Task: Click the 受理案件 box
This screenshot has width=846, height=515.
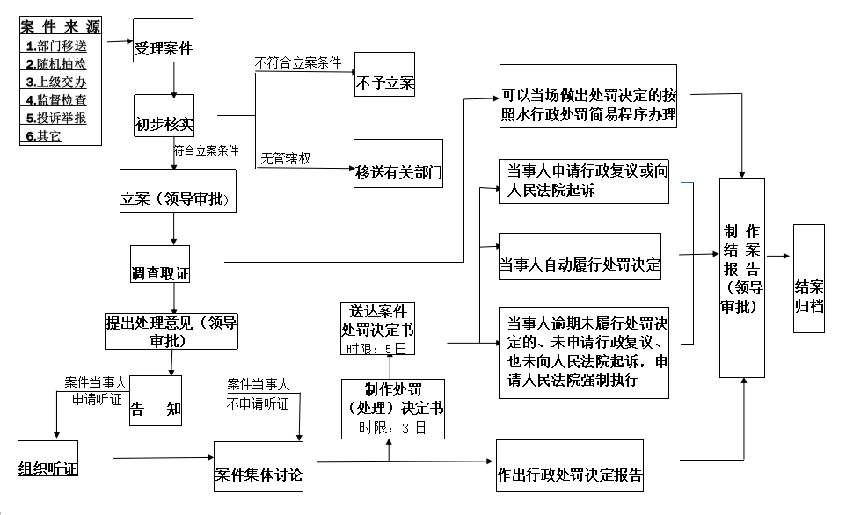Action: click(163, 40)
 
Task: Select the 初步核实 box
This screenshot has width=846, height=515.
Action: click(164, 115)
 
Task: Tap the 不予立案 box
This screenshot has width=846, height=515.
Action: click(384, 75)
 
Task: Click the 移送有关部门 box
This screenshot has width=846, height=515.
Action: click(398, 163)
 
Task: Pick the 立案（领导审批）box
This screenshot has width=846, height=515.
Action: click(178, 191)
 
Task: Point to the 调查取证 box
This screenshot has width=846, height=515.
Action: click(160, 265)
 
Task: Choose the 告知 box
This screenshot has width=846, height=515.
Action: click(156, 401)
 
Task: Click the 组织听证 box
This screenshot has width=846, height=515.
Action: click(48, 459)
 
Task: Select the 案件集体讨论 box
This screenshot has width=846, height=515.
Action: click(259, 467)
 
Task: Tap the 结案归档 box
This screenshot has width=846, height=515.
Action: click(809, 279)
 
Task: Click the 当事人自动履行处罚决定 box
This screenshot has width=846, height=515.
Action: click(580, 257)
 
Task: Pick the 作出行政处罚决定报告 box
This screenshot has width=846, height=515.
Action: click(570, 466)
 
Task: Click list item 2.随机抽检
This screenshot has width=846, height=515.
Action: click(56, 64)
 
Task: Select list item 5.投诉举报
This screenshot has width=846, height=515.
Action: click(56, 118)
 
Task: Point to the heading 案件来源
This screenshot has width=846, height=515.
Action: click(61, 26)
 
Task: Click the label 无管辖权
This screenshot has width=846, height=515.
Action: click(286, 158)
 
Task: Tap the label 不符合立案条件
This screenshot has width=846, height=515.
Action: click(298, 63)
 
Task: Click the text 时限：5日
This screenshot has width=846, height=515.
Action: click(376, 349)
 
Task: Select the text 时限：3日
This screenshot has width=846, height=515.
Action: click(392, 428)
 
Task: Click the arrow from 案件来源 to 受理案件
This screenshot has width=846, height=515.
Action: click(120, 41)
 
